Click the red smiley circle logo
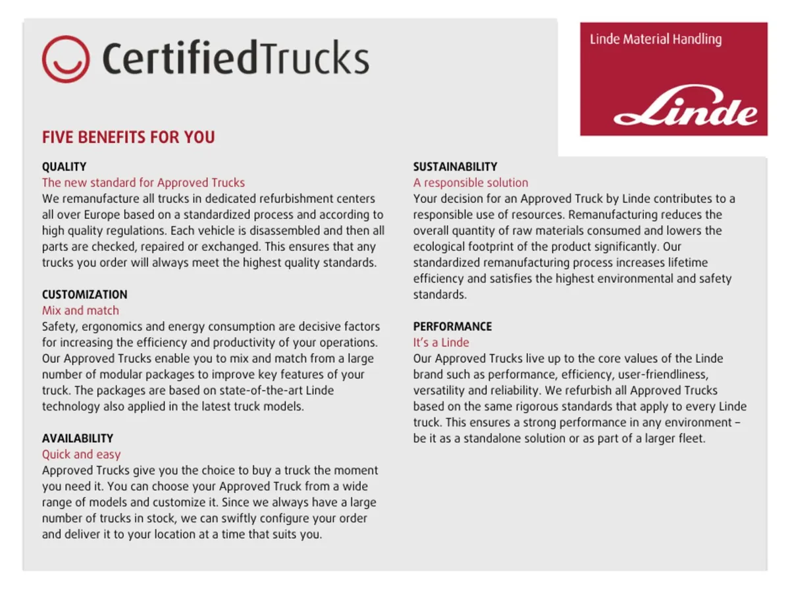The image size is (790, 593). [65, 59]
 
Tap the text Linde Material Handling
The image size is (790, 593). [656, 40]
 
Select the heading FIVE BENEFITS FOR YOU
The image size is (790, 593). [128, 138]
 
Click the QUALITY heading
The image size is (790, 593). [64, 167]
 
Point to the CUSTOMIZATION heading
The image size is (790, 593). [84, 295]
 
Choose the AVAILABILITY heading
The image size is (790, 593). [78, 438]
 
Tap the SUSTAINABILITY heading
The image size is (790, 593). [455, 167]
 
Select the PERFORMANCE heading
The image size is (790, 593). [452, 326]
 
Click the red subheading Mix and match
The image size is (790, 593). [80, 310]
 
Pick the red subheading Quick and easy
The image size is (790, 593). [81, 454]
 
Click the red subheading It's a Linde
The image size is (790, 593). [441, 343]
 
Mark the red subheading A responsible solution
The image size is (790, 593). [471, 183]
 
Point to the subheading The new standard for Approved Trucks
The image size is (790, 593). [144, 183]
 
